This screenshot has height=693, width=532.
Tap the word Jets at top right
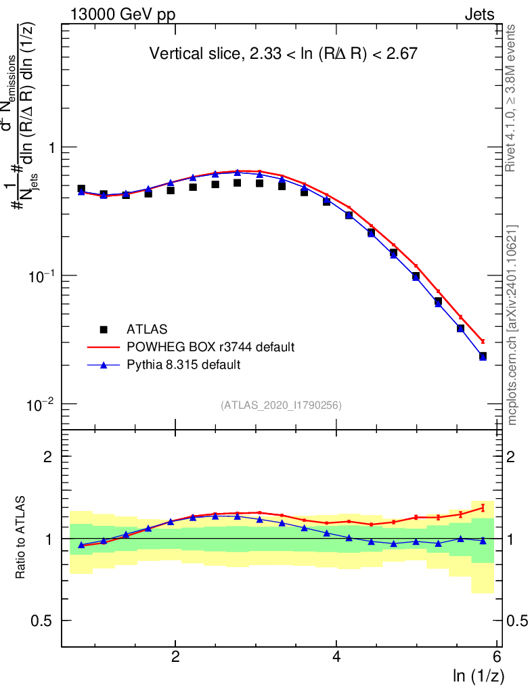tap(479, 15)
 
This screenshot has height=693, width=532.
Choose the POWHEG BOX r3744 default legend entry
tap(210, 347)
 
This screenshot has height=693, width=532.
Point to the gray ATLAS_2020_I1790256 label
tap(280, 405)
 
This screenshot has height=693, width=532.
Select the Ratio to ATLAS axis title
tap(22, 537)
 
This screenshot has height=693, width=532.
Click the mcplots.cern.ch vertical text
tap(512, 325)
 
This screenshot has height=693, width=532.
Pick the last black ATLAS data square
tap(483, 356)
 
